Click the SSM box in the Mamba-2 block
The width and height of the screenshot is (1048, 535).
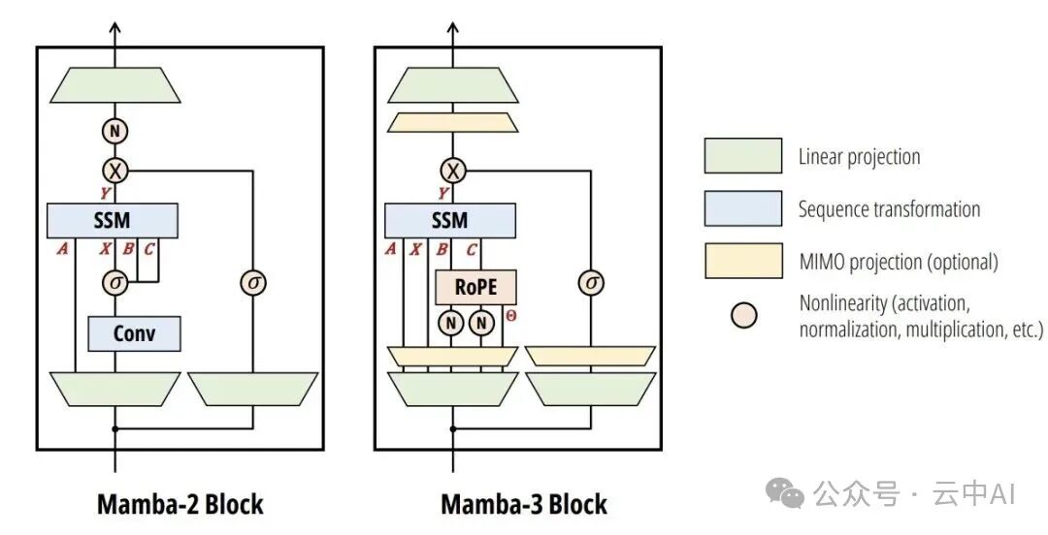coord(113,220)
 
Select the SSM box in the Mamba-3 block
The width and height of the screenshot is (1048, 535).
coord(449,220)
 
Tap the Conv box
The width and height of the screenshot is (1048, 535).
coord(134,334)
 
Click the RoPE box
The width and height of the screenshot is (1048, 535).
coord(475,288)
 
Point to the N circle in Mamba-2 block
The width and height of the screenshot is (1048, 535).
coord(115,130)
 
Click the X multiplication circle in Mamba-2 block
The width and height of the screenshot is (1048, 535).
coord(115,172)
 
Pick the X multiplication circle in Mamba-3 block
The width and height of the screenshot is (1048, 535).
coord(452,172)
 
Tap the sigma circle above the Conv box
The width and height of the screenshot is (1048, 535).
coord(115,282)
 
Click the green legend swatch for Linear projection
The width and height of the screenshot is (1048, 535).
coord(742,156)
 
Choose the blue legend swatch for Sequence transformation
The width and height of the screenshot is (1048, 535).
coord(742,208)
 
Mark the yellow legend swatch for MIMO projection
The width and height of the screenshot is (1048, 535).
coord(742,261)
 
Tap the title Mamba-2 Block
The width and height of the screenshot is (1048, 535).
coord(180,505)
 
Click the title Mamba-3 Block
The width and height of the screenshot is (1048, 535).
coord(524,505)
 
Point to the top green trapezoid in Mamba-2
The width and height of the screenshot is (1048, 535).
coord(115,85)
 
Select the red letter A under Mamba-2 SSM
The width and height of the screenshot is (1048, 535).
coord(63,248)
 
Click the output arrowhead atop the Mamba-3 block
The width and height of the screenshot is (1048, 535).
coord(452,28)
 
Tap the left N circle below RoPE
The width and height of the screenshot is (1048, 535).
coord(451,324)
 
